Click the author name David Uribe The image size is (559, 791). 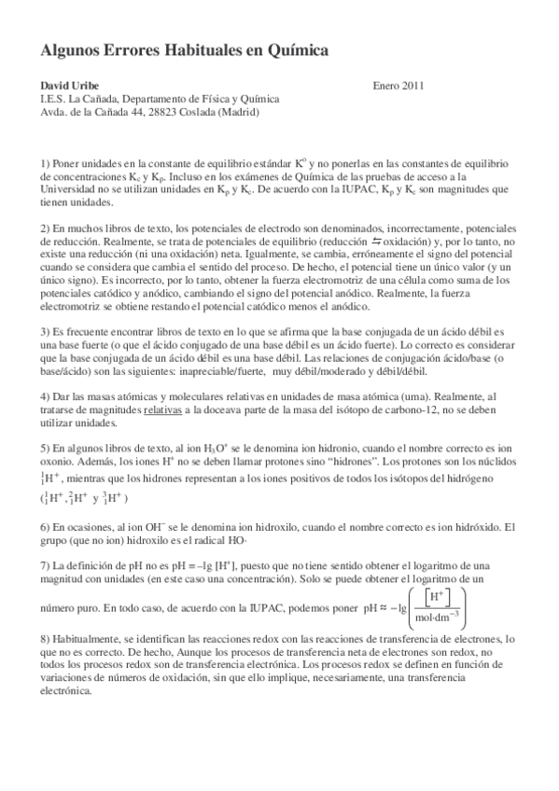click(70, 86)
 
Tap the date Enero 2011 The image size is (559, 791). click(398, 86)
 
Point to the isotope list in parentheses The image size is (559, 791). click(84, 497)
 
